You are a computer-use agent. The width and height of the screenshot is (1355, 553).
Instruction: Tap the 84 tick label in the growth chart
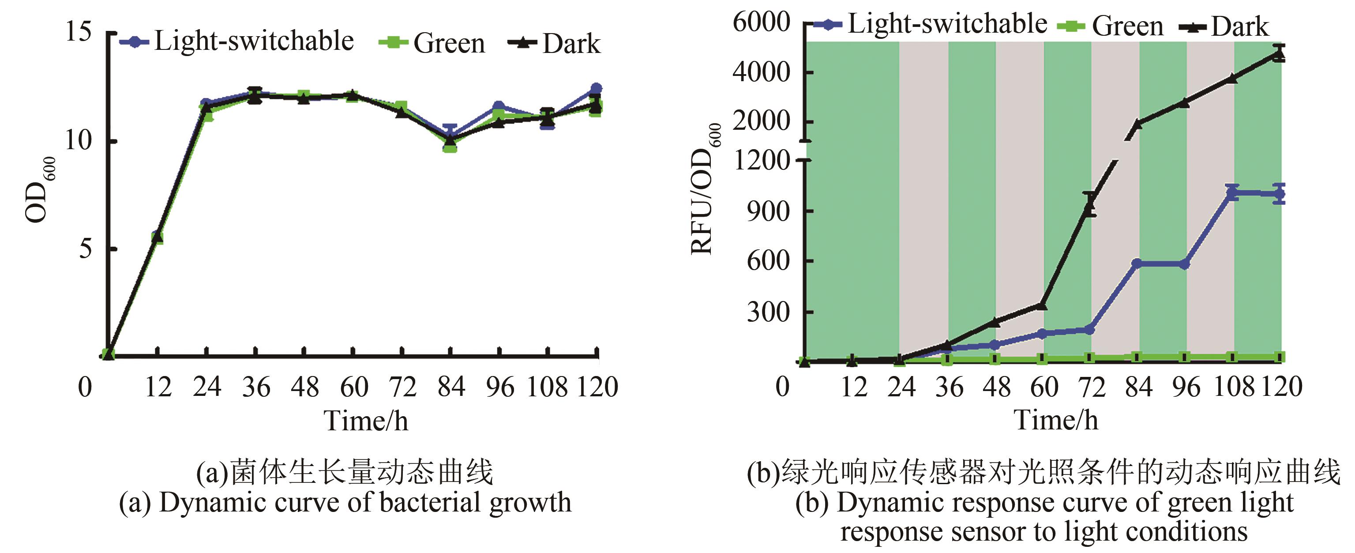[451, 387]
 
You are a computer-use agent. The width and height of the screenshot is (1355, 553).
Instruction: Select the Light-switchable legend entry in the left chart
[236, 41]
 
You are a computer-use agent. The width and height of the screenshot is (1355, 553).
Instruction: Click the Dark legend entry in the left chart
[555, 43]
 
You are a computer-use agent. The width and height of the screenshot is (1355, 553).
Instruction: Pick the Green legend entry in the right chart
[1111, 26]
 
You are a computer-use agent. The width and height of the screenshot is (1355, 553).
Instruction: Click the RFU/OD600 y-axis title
[704, 189]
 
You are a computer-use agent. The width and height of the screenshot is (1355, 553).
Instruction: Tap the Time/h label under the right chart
[1056, 420]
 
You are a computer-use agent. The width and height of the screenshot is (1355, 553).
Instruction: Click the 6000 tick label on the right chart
[761, 23]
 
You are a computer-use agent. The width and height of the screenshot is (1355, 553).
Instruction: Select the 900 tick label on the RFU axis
[769, 211]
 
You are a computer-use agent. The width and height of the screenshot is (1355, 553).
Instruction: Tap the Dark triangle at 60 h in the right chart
[1043, 305]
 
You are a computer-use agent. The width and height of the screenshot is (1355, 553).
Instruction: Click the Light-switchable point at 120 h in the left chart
[596, 88]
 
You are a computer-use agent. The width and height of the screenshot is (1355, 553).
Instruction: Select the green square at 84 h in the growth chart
[450, 147]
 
